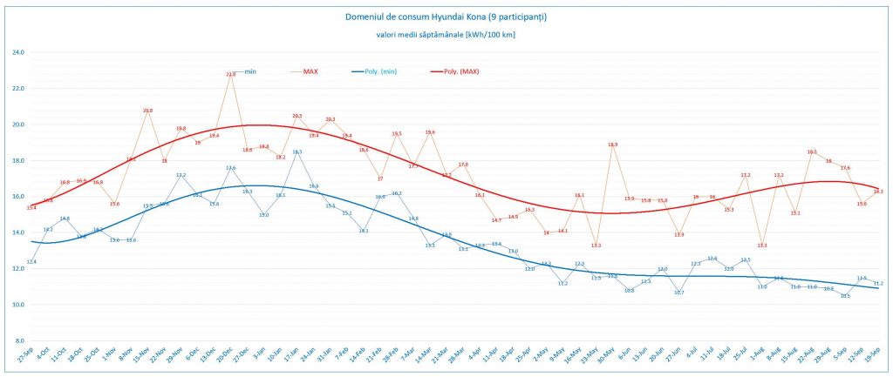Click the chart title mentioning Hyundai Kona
coord(446,17)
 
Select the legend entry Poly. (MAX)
coord(461,71)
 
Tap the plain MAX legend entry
coord(310,71)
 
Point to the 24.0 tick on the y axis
coord(17,52)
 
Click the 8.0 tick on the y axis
coord(18,340)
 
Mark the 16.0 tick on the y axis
coord(17,197)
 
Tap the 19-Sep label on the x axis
coord(876,359)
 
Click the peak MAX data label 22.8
coord(231,75)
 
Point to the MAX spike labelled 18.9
coord(613,145)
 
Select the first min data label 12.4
coord(31,261)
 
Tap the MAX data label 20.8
coord(148,111)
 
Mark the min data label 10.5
coord(845,296)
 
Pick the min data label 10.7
coord(679,293)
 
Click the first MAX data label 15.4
coord(31,207)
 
